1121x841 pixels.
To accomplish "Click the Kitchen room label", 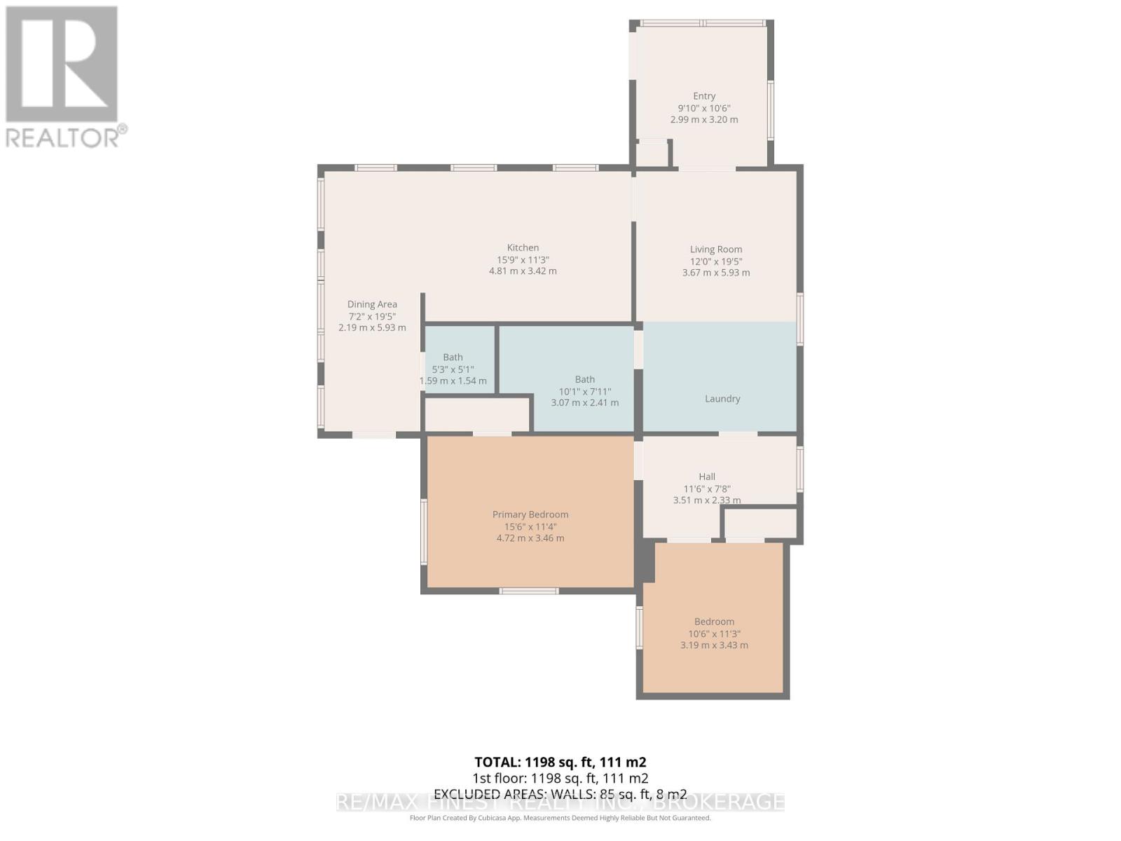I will point(523,247).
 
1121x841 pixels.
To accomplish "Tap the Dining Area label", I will point(372,304).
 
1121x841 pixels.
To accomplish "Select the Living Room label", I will point(715,249).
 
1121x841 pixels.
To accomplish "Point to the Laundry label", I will point(722,398).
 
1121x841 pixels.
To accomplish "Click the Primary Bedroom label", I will point(530,514).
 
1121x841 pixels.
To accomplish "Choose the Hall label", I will point(706,477).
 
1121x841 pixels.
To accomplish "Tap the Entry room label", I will point(704,96).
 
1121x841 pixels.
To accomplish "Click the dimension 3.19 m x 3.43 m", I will point(714,645).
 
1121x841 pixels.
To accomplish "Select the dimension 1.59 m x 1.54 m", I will point(453,381).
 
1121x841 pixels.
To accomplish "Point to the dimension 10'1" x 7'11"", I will point(584,391).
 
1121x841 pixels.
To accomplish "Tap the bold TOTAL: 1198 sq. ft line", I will point(560,763).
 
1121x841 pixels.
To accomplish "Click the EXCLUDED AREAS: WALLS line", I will point(560,794).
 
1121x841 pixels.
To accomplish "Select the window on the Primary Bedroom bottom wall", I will point(529,591).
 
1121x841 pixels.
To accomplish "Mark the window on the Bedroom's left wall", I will point(639,627).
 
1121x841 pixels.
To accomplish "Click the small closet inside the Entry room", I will point(652,154).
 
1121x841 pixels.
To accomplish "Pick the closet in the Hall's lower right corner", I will point(760,524).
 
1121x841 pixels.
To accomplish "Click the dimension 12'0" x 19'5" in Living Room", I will point(715,261).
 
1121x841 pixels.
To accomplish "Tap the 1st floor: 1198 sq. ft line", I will point(560,778).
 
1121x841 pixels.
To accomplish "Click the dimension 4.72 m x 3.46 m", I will point(530,538).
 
